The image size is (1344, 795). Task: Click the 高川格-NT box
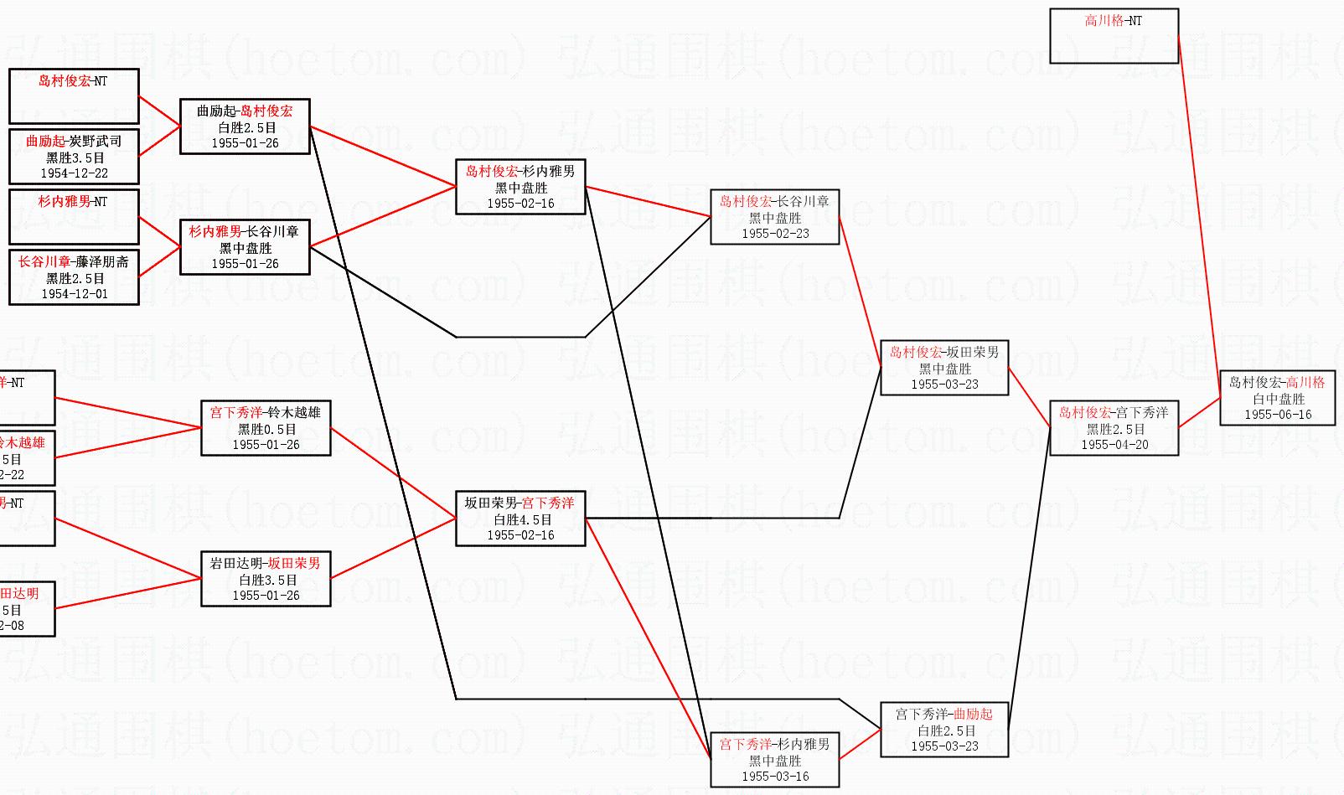1114,36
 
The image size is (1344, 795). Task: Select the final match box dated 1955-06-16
1277,398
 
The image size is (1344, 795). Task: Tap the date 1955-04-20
1114,445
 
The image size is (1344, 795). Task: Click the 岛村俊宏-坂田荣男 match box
944,368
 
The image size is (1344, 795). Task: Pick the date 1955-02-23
775,234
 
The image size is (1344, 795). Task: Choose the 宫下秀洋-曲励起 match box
944,730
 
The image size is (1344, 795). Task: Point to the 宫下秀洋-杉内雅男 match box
774,760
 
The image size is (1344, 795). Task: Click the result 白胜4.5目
521,519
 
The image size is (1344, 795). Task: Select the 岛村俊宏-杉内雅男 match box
520,187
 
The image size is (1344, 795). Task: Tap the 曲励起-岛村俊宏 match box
245,126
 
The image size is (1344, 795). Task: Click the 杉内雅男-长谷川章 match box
245,247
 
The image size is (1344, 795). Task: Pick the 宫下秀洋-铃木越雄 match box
266,428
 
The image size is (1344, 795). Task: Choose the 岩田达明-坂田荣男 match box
266,579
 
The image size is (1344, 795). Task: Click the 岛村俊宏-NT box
74,96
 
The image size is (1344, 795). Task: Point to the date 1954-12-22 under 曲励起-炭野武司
74,173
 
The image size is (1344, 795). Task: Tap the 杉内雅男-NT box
74,217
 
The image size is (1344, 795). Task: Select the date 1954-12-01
74,294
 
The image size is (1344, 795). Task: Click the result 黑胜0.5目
266,429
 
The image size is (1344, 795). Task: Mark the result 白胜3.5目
266,580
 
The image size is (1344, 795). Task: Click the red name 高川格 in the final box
1305,382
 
